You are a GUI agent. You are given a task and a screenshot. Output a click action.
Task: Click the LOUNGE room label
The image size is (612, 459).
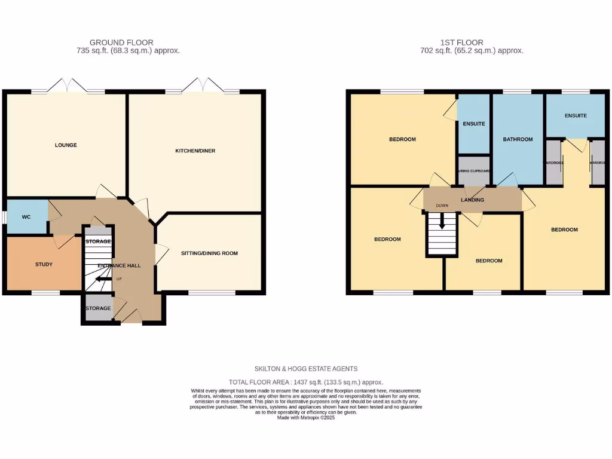coord(66,145)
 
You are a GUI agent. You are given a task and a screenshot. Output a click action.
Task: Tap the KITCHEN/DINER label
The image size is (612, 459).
coord(195,151)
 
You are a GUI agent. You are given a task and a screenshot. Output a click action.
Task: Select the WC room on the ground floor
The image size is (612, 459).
coord(26,216)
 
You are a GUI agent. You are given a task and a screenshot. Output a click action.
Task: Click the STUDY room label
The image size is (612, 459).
coord(44,264)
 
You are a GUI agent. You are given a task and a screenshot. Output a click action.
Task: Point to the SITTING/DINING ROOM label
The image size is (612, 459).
coord(209,253)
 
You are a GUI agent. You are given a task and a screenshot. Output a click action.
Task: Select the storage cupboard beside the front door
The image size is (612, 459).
coord(98,308)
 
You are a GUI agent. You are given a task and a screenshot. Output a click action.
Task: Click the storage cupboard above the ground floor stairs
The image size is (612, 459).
coord(98,241)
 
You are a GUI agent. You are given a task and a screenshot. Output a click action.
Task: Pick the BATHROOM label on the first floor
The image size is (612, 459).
coord(518,139)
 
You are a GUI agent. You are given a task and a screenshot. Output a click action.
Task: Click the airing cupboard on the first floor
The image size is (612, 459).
coord(473,171)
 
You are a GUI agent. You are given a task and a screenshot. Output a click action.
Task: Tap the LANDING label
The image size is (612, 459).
coord(472,200)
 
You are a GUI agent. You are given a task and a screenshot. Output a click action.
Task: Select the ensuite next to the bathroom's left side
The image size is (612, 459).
coord(473,124)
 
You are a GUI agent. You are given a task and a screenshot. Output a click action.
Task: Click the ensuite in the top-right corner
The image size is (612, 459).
coord(576,115)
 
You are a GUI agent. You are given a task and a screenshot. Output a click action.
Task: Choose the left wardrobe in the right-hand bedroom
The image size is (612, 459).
coord(553,163)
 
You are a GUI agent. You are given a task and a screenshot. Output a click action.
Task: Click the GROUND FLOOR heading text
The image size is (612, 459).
coord(121,42)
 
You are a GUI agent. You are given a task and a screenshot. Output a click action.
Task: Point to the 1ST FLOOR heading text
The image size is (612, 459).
coord(462,42)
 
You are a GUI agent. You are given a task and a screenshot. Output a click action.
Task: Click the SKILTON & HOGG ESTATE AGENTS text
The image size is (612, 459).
coord(306,369)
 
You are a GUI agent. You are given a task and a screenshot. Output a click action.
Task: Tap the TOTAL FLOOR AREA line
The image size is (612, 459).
coord(306,382)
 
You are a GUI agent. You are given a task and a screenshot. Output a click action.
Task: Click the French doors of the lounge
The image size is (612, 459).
coord(68,87)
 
